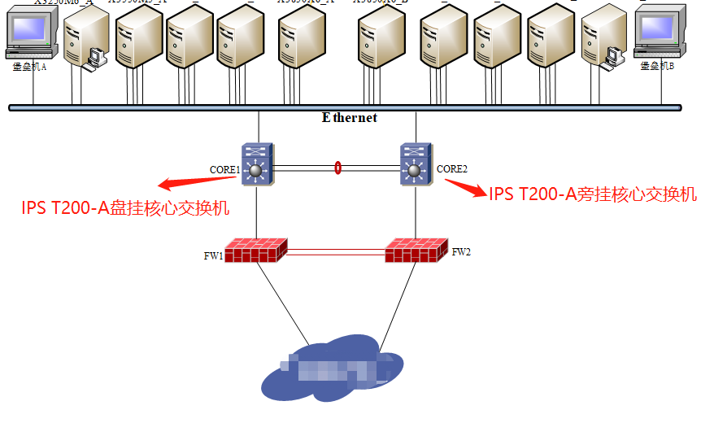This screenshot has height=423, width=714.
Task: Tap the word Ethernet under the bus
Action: click(350, 117)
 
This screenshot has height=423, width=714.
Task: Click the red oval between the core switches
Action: click(337, 168)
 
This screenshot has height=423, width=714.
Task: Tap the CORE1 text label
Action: click(224, 170)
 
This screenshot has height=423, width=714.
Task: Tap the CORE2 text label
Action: click(452, 169)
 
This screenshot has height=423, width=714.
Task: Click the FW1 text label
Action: click(213, 256)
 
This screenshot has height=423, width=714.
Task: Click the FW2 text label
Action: click(461, 252)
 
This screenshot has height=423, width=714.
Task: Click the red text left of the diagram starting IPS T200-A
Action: click(125, 208)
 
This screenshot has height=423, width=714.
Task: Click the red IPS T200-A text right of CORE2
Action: click(593, 194)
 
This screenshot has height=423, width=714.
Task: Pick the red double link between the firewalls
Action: click(337, 252)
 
